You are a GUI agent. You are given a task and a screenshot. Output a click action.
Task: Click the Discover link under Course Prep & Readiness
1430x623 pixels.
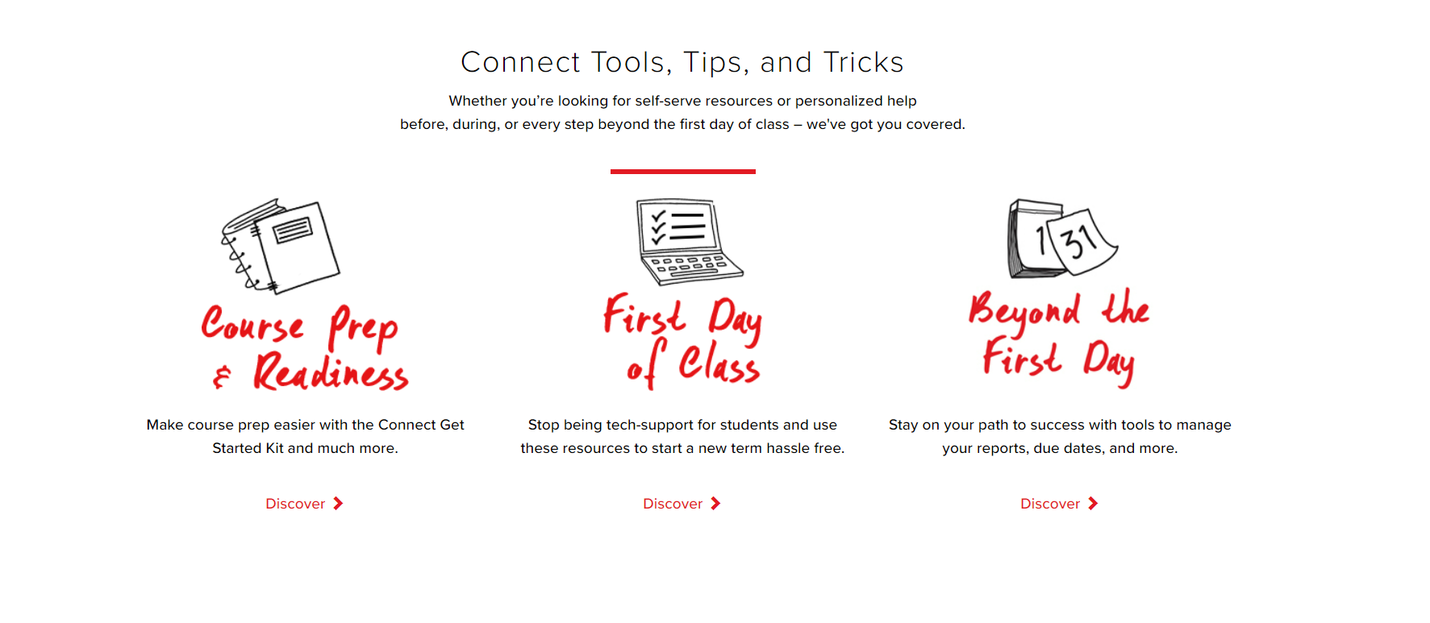tap(304, 504)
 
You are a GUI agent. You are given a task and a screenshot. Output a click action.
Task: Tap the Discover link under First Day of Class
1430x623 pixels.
tap(682, 504)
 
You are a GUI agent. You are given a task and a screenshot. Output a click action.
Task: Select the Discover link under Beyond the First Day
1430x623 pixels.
tap(1059, 504)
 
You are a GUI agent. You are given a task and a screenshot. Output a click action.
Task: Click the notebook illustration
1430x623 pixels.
tap(281, 245)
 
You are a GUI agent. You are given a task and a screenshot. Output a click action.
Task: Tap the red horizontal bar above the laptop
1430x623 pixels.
tap(683, 171)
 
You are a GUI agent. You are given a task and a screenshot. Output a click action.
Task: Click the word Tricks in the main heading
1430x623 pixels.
tap(864, 62)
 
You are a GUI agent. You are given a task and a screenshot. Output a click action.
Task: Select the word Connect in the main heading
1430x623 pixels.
tap(520, 62)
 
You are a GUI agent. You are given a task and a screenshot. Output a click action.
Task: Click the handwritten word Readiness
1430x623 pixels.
tap(331, 372)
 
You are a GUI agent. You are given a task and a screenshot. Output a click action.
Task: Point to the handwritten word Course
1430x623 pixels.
tap(252, 324)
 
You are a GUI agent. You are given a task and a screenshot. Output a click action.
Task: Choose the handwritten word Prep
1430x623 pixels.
tap(363, 327)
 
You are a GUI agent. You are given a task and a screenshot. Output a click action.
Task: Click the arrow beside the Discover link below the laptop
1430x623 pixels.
tap(715, 504)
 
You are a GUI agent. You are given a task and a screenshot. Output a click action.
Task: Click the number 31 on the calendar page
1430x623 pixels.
tap(1078, 239)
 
